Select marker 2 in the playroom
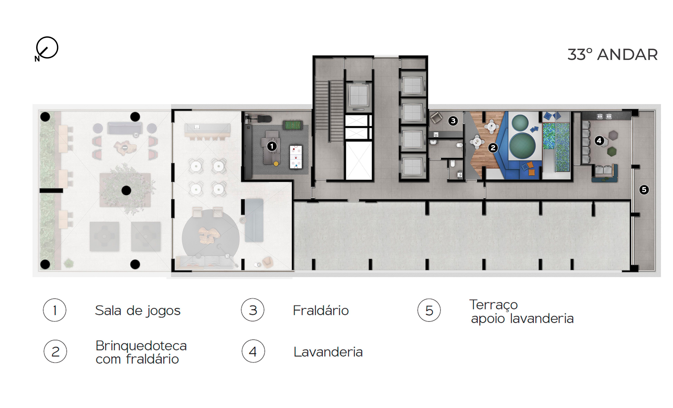click(493, 148)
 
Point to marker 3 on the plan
click(453, 121)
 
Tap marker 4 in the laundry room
click(599, 141)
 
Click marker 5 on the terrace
click(644, 190)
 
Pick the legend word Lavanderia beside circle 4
click(328, 352)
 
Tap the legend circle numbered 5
click(429, 310)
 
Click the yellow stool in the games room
click(276, 164)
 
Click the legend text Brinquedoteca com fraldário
click(141, 352)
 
